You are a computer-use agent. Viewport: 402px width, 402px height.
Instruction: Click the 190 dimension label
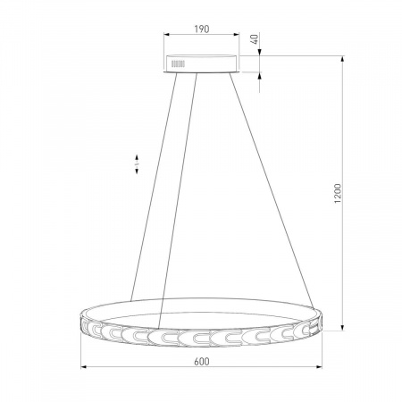[202, 29]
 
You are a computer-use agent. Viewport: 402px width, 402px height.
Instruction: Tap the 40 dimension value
[255, 39]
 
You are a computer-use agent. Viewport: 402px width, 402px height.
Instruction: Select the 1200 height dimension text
[338, 194]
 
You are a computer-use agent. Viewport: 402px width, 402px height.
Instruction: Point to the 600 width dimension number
[202, 362]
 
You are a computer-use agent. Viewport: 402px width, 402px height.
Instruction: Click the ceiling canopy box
[202, 63]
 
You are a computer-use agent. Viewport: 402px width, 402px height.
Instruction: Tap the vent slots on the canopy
[178, 63]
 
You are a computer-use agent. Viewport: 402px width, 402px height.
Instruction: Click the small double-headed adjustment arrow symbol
[137, 164]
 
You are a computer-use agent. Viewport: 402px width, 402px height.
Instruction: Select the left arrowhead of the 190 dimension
[166, 35]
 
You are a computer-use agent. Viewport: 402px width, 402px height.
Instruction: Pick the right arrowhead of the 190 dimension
[237, 35]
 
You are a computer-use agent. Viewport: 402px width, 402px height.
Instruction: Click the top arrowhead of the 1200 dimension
[343, 59]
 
